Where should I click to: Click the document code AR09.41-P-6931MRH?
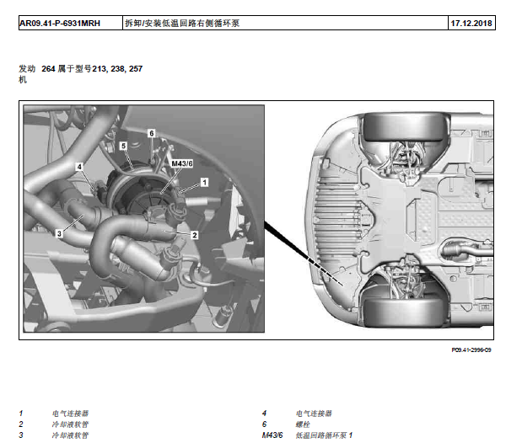click(60, 24)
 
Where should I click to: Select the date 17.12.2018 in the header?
click(471, 24)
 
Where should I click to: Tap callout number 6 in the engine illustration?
click(152, 133)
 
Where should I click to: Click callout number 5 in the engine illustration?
click(123, 146)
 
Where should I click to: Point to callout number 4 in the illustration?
click(79, 167)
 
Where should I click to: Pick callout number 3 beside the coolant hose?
click(59, 233)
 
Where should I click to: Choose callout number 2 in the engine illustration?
click(195, 235)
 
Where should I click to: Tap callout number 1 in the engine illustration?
click(204, 183)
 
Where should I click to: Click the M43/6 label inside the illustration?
click(182, 163)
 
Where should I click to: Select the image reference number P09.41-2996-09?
click(471, 350)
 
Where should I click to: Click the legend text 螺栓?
click(303, 424)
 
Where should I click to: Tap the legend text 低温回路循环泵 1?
click(324, 435)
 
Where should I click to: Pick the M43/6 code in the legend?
click(272, 435)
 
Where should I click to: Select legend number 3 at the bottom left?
click(21, 435)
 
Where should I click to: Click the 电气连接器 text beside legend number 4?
click(314, 414)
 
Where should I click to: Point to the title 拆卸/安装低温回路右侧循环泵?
click(182, 24)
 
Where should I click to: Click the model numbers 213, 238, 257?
click(117, 68)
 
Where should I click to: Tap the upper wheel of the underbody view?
click(405, 127)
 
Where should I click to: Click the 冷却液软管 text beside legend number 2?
click(70, 424)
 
